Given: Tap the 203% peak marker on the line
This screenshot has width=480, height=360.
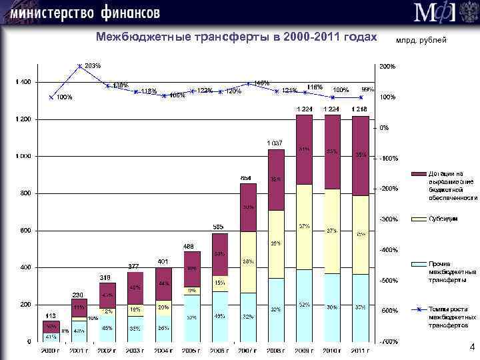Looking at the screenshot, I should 80,66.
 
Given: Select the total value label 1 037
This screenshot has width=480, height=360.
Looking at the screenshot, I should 275,143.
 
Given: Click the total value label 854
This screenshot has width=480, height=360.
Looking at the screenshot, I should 246,178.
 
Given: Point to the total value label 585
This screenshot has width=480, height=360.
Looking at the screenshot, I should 218,227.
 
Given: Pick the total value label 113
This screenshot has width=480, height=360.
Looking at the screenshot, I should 50,315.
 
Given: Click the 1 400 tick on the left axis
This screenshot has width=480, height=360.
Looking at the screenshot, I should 23,82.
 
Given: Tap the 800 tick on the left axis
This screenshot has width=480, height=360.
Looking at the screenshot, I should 25,193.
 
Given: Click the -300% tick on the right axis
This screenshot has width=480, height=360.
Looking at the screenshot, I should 388,219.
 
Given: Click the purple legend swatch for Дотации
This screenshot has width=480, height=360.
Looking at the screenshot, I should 418,173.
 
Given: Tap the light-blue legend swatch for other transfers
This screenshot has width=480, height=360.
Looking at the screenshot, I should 418,265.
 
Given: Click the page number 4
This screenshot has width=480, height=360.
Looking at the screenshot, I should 472,347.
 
